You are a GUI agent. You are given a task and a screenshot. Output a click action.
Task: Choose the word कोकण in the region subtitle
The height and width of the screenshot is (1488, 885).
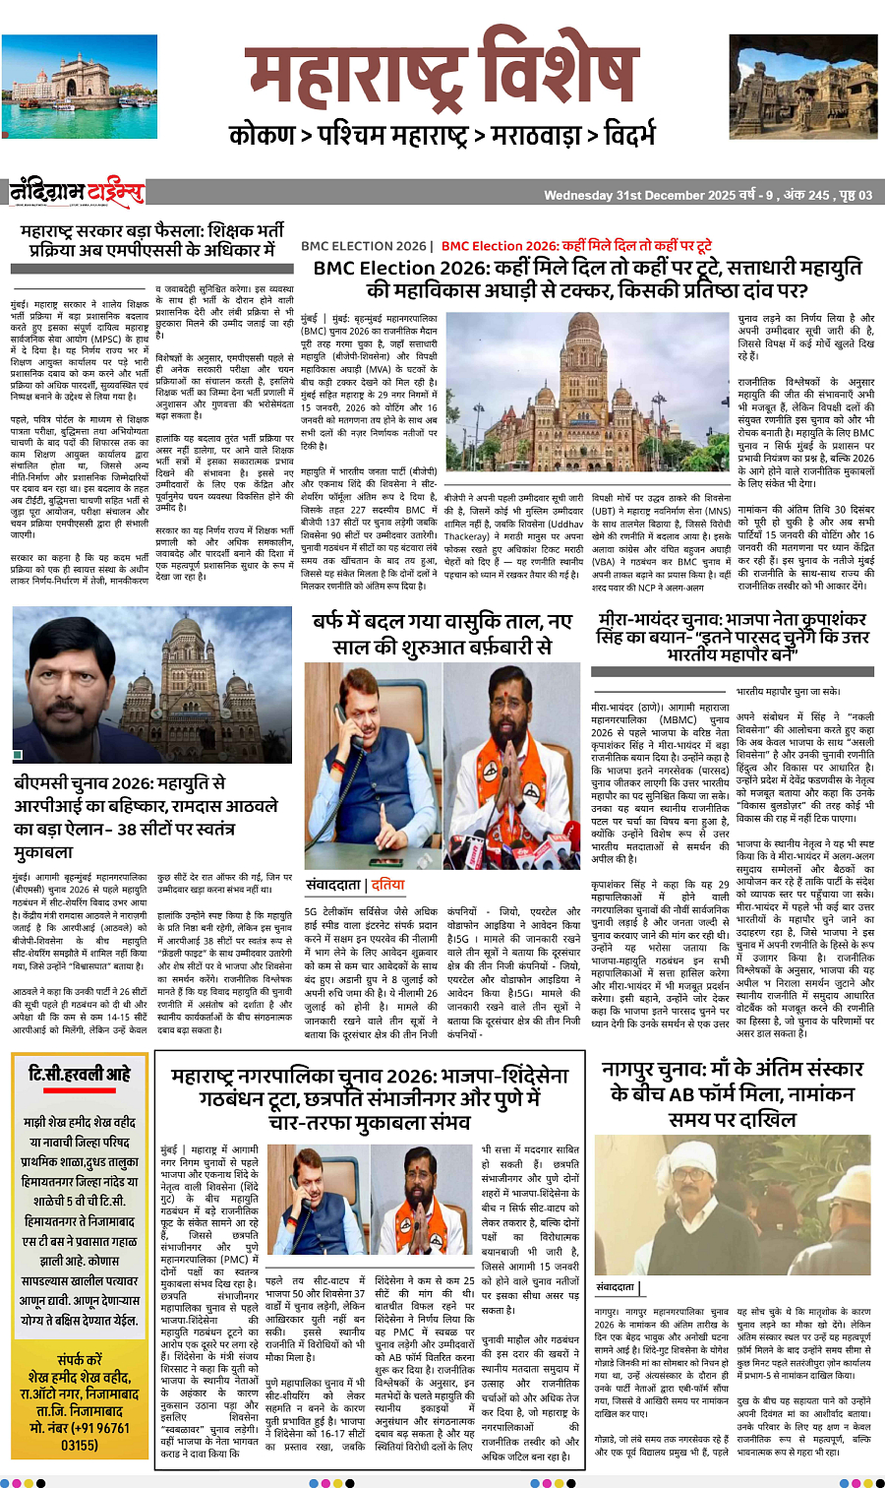point(262,135)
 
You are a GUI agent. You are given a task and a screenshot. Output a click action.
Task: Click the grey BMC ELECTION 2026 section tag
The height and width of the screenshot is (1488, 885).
point(364,246)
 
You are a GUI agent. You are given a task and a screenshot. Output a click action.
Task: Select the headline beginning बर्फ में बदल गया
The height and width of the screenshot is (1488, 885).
point(442,635)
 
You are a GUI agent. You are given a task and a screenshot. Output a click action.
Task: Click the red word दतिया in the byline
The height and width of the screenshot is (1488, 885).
point(387,884)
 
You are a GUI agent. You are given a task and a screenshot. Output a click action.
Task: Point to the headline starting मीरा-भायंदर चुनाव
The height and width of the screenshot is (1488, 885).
point(732,636)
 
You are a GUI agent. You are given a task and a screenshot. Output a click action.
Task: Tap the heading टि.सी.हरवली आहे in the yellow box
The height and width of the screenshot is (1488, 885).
point(80,1074)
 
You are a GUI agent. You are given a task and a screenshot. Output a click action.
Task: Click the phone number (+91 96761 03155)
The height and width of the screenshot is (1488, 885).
point(80,1436)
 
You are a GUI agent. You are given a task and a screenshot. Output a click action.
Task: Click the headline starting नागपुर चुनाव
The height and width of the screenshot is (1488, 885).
point(732,1092)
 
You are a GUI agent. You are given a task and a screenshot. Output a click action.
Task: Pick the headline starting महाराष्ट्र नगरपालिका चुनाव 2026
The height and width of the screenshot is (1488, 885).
point(370,1098)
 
